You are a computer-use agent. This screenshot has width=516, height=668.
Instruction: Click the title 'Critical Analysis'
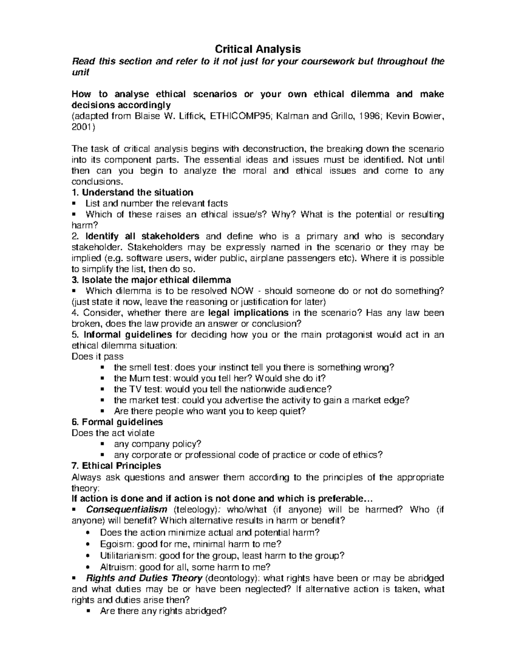tap(258, 49)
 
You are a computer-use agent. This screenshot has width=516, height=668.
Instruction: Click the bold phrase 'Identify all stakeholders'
tap(142, 236)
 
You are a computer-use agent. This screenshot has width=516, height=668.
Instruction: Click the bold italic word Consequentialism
tap(127, 510)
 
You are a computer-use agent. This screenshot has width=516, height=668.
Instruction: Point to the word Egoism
tap(114, 544)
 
